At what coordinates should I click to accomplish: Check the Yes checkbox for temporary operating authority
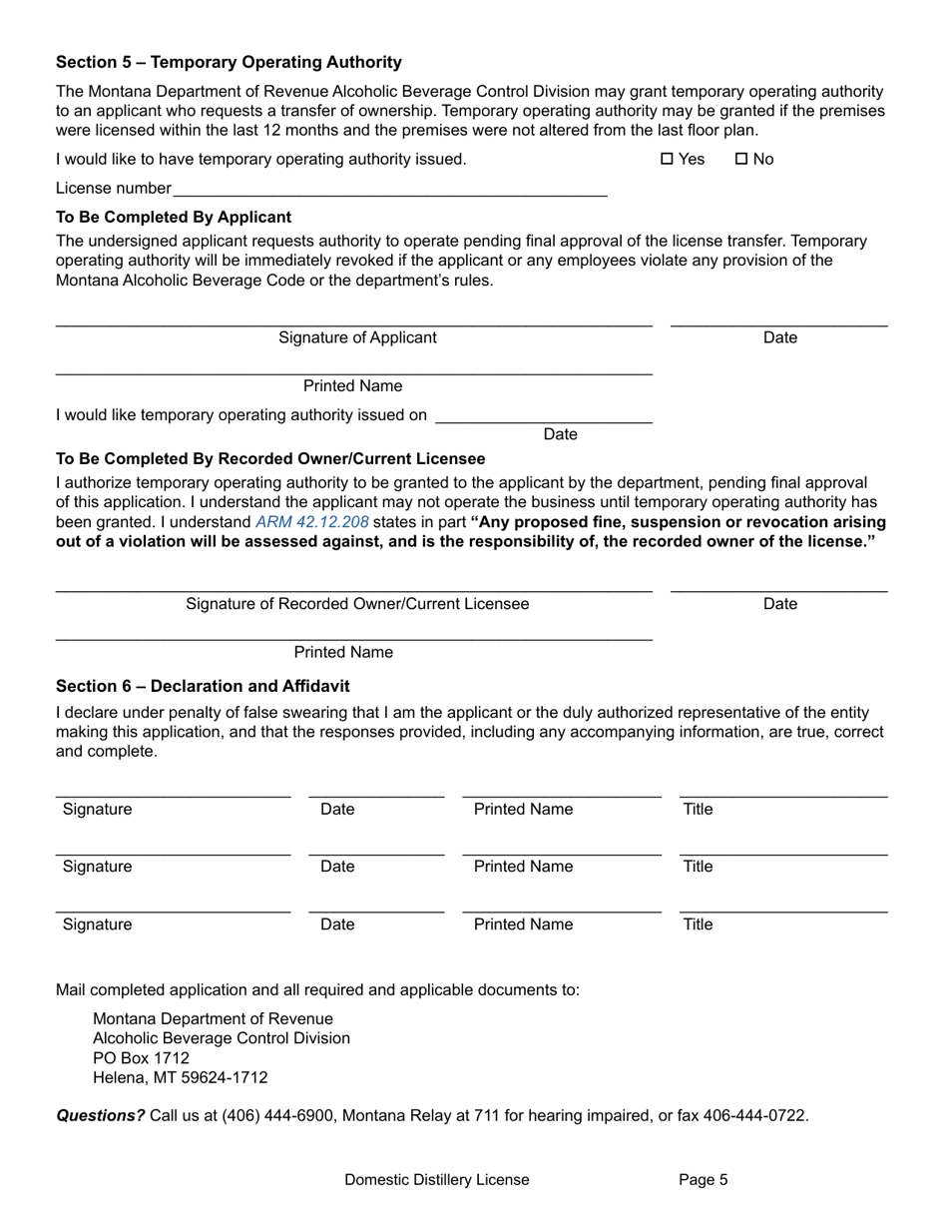point(668,160)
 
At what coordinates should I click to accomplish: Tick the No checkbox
point(741,160)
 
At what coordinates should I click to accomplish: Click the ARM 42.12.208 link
point(312,522)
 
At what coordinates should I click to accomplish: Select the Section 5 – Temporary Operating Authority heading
point(229,62)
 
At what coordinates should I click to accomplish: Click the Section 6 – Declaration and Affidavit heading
point(203,687)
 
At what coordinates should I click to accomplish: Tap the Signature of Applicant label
point(357,337)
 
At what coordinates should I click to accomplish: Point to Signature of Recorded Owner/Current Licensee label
point(357,604)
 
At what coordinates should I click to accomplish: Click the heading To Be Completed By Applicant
point(174,217)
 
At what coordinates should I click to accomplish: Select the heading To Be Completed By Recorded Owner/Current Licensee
point(270,459)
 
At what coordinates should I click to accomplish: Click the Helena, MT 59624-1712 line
point(180,1078)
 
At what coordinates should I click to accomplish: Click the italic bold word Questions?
point(100,1116)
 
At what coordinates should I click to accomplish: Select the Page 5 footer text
point(703,1180)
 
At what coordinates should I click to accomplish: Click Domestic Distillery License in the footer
point(437,1180)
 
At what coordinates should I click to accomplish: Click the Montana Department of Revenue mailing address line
point(213,1019)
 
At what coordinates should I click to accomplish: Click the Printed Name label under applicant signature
point(352,386)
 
